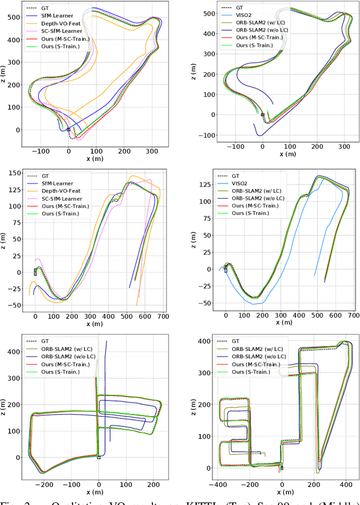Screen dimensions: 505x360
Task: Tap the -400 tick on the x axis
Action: [215, 477]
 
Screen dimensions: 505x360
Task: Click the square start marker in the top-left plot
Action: [68, 129]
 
